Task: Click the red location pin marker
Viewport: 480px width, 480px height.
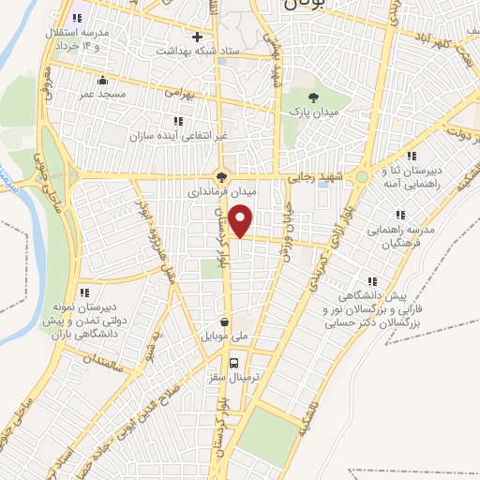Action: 242,221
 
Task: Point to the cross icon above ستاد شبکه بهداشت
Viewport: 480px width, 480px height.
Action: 198,37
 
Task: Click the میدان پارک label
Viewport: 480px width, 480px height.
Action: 311,112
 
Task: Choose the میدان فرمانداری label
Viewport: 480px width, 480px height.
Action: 222,190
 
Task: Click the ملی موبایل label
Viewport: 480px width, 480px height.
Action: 225,335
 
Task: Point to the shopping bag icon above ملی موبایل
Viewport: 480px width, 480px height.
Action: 225,321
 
